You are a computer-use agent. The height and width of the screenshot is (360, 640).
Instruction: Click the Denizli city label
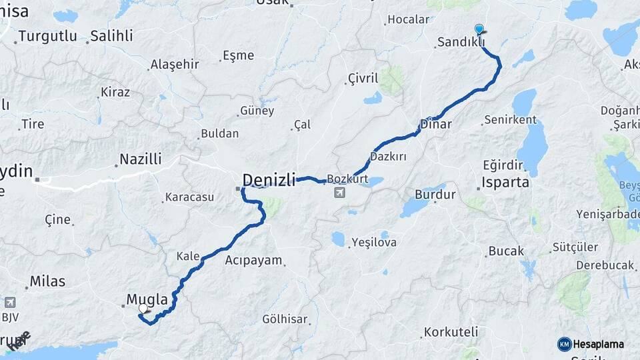(x=269, y=179)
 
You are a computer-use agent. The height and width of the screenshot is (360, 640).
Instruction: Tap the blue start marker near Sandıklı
(x=479, y=29)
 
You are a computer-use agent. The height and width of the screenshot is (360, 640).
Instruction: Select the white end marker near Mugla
(x=143, y=308)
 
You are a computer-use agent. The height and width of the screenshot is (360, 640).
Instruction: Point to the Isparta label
(x=507, y=182)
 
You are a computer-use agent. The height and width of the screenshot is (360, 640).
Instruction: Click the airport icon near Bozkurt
(x=340, y=193)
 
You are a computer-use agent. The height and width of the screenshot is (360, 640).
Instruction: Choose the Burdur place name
(x=435, y=195)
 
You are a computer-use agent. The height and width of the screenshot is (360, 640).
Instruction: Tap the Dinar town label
(x=436, y=124)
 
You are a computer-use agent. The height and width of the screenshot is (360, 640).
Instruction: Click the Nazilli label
(x=140, y=159)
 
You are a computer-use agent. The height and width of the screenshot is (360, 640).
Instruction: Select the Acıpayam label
(x=254, y=260)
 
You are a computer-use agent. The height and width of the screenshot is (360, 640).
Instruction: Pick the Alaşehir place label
(x=175, y=64)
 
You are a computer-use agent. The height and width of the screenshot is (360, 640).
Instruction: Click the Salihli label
(x=112, y=36)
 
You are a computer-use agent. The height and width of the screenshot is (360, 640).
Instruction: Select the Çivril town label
(x=363, y=79)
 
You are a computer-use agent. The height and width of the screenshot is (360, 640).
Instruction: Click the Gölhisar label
(x=285, y=319)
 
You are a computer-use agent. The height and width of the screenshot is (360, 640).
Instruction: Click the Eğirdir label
(x=509, y=165)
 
